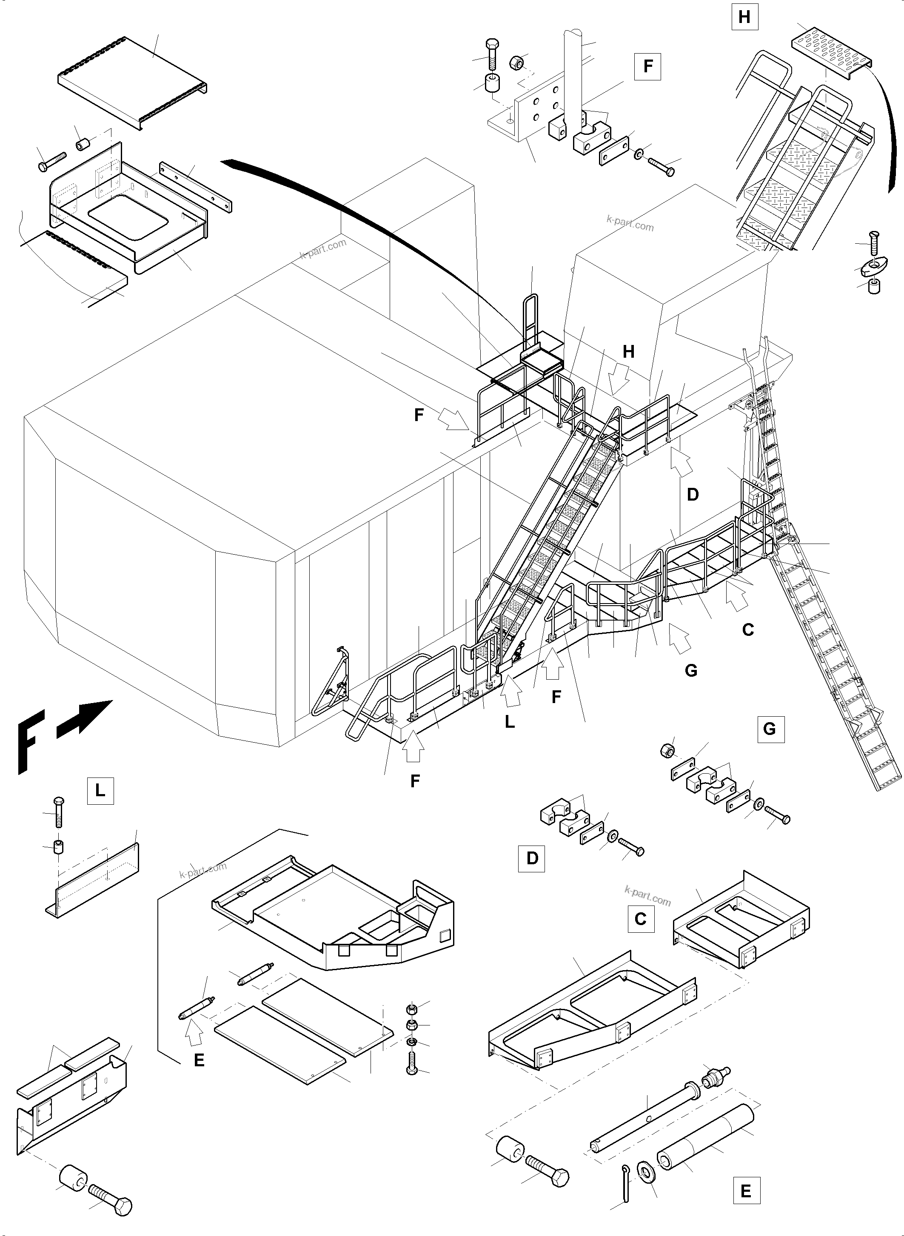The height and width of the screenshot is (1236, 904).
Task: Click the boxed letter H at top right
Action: pyautogui.click(x=744, y=17)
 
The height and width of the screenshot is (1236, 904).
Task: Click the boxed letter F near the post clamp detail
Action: pyautogui.click(x=648, y=66)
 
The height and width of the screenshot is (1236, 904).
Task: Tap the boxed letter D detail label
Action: pyautogui.click(x=532, y=858)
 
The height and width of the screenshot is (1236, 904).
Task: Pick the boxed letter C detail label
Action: pyautogui.click(x=640, y=919)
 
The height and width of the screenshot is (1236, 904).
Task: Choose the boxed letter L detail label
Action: pyautogui.click(x=100, y=791)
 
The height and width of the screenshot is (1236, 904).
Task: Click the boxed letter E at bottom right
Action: pyautogui.click(x=746, y=1191)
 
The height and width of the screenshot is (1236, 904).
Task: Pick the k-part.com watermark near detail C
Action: pyautogui.click(x=647, y=896)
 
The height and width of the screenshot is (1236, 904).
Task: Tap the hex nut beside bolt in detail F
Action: pyautogui.click(x=517, y=63)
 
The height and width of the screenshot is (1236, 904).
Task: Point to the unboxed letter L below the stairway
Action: pyautogui.click(x=510, y=722)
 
